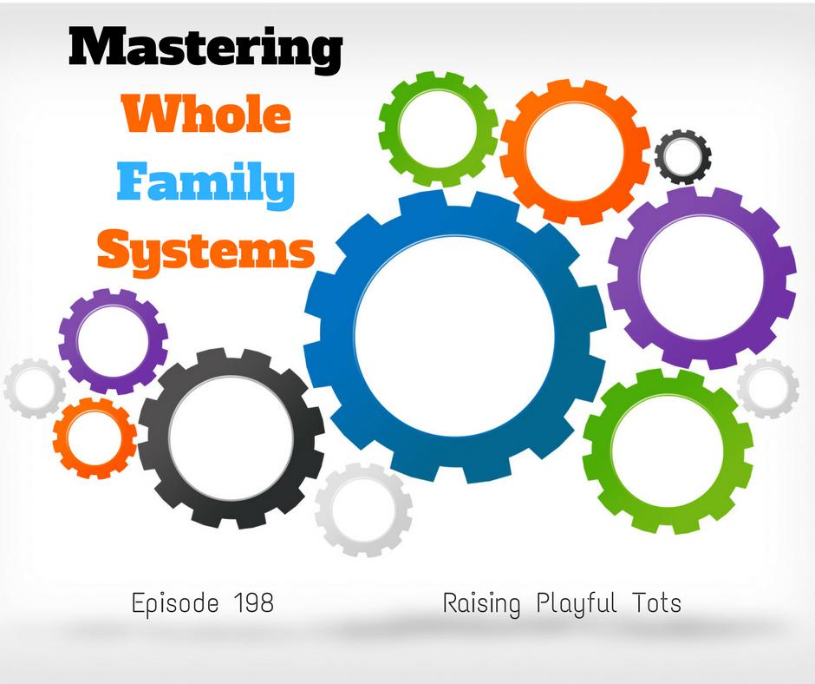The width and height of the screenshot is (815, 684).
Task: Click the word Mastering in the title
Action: click(205, 49)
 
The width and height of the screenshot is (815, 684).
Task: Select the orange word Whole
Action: click(206, 114)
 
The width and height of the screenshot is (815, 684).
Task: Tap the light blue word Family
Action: click(205, 182)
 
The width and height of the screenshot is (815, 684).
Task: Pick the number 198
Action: click(254, 603)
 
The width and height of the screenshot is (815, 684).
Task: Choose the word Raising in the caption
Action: click(481, 604)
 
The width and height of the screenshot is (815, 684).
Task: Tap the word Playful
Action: click(577, 604)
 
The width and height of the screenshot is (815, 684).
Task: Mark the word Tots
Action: click(657, 602)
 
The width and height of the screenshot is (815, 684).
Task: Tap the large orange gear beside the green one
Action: click(512, 151)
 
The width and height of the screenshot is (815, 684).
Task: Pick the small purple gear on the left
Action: click(68, 341)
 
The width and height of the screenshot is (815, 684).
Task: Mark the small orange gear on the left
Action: click(61, 437)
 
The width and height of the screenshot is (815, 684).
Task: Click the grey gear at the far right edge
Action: click(743, 388)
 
